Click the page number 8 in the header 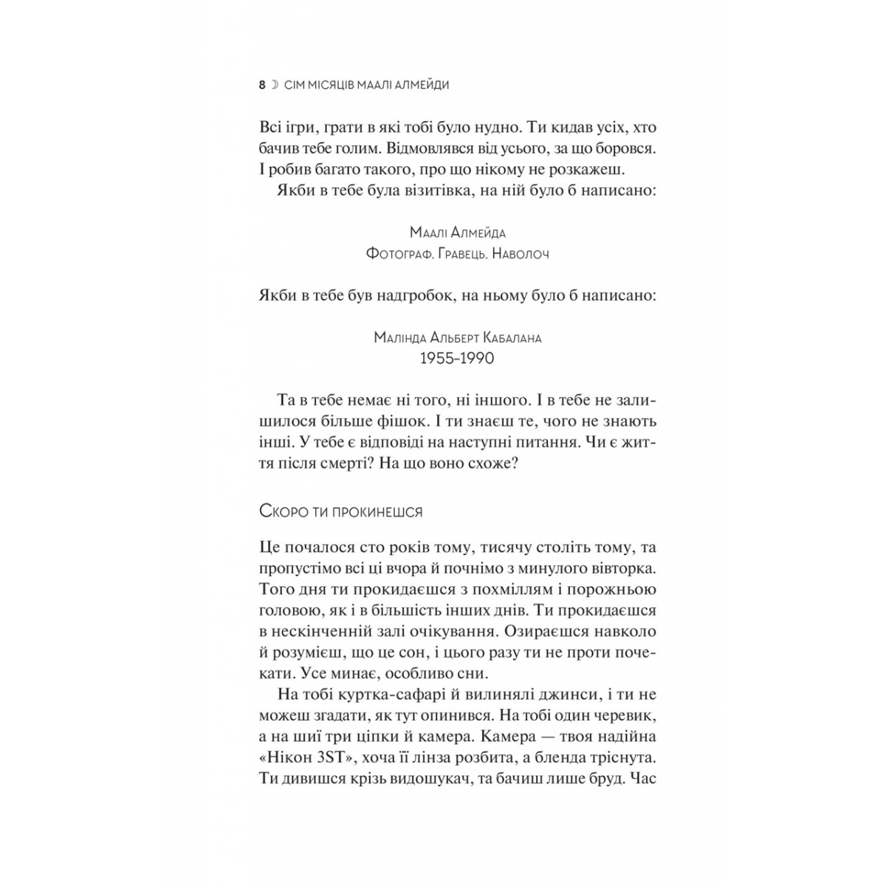click(x=262, y=85)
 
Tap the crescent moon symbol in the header click(x=275, y=85)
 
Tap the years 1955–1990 click(x=457, y=359)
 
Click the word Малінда click(x=399, y=338)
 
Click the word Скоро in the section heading click(x=281, y=512)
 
